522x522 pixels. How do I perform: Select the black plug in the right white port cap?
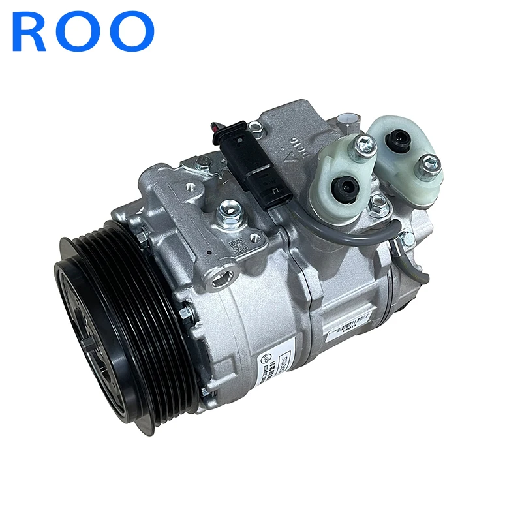point(396,139)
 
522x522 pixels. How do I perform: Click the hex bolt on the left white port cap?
point(364,145)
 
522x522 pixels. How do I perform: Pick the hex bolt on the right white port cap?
point(429,164)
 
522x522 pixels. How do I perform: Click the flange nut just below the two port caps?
point(377,206)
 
